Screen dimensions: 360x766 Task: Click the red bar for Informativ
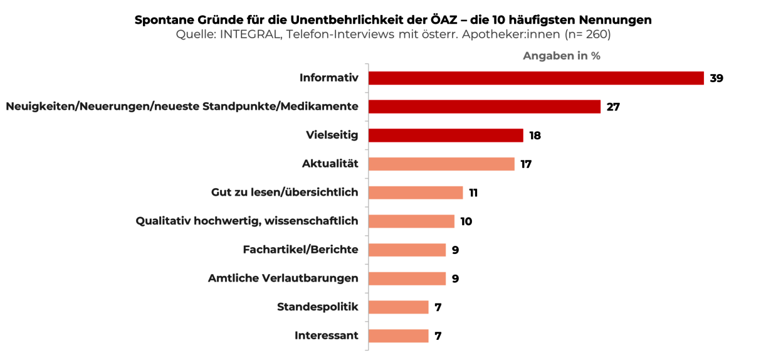click(536, 78)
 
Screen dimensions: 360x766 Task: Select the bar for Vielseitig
click(446, 135)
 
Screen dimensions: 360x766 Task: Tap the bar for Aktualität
click(441, 164)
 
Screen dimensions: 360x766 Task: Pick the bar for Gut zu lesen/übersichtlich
click(416, 193)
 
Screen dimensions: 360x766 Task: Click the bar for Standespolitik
click(399, 307)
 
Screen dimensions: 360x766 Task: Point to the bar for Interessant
click(399, 336)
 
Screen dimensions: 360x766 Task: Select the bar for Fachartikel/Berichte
click(407, 250)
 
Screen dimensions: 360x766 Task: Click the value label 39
click(716, 78)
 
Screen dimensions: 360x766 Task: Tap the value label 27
click(613, 107)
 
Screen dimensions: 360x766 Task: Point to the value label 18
click(535, 135)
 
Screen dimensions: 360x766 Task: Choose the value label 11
click(473, 193)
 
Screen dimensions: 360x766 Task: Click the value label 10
click(466, 221)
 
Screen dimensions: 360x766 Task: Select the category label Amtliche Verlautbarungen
click(283, 278)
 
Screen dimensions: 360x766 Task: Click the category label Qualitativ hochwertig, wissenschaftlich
click(247, 221)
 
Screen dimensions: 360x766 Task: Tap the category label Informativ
click(328, 78)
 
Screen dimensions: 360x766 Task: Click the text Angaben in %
click(562, 56)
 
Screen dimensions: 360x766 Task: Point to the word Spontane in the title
click(161, 20)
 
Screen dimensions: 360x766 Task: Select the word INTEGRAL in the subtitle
click(248, 34)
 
